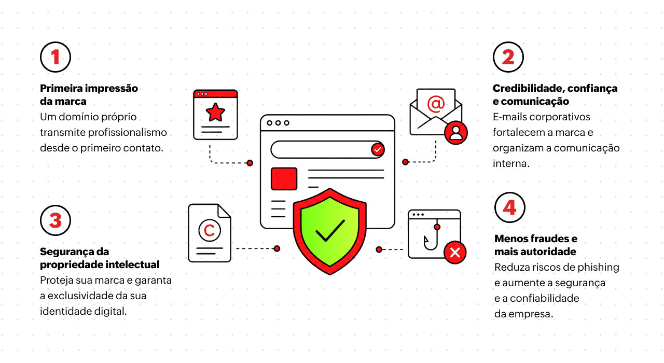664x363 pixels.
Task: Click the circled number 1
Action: pyautogui.click(x=56, y=57)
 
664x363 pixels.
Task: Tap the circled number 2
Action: pyautogui.click(x=508, y=57)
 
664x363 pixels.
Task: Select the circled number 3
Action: pyautogui.click(x=56, y=220)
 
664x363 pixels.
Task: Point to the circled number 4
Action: pyautogui.click(x=509, y=207)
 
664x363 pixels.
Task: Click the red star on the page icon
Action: pyautogui.click(x=215, y=113)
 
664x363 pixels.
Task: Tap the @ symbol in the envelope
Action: pyautogui.click(x=436, y=104)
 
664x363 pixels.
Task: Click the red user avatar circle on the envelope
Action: pyautogui.click(x=456, y=133)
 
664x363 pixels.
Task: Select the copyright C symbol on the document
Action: pyautogui.click(x=209, y=230)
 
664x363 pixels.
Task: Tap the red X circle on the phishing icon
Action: pyautogui.click(x=455, y=253)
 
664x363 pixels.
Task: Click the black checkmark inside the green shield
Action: pyautogui.click(x=330, y=231)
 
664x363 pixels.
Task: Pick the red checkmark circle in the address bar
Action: pyautogui.click(x=378, y=149)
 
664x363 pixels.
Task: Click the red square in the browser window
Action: pyautogui.click(x=284, y=179)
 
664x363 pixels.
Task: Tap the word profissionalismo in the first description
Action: pyautogui.click(x=128, y=132)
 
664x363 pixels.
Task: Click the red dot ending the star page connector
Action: pyautogui.click(x=250, y=163)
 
